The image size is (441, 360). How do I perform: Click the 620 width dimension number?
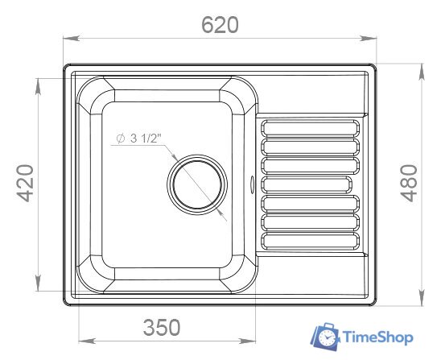pos(220,25)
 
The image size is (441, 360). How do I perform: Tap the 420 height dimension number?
pos(25,184)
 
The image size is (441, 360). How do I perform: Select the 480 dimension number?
pos(409,184)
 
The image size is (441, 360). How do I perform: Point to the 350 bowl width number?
pos(162,327)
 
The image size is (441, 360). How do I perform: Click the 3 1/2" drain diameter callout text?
pos(139,139)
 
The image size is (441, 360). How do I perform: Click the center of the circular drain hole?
pos(197,184)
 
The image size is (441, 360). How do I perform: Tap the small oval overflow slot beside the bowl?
pos(252,185)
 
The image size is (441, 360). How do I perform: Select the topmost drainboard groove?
pos(310,128)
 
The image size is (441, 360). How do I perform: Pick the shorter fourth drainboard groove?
pos(307,184)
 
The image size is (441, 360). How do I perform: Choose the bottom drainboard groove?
pos(310,242)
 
